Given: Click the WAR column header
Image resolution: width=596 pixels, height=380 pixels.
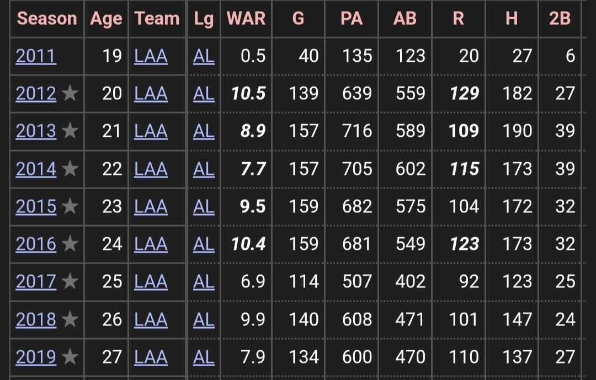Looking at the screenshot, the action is [246, 18].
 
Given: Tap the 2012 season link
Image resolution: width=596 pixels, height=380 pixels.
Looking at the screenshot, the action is [36, 93].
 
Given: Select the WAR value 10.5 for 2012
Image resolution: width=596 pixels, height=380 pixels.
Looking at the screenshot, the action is [248, 93].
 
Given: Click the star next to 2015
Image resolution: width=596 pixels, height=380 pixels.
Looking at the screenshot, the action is [70, 206].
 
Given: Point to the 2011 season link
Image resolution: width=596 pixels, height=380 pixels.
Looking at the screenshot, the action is [36, 56].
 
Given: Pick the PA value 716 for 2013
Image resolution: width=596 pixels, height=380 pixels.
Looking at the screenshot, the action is [357, 131].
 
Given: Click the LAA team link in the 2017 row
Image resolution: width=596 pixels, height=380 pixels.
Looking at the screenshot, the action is [151, 282].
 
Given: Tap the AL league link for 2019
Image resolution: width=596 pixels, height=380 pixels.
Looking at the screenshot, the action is [204, 357].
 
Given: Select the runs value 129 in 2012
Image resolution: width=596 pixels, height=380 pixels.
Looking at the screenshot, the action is [464, 93].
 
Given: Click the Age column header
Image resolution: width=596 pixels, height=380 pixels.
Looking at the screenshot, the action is [106, 19].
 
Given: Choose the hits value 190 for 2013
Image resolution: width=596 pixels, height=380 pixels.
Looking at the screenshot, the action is [517, 131].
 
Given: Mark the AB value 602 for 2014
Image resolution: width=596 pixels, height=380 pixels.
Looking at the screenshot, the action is [411, 169].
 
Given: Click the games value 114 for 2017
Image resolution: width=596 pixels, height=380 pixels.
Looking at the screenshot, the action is [304, 282].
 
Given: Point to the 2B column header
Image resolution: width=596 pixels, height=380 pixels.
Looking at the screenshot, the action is [560, 18].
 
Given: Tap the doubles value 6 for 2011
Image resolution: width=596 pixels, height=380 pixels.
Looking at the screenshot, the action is [570, 56].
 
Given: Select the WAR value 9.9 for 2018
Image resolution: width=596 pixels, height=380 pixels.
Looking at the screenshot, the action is [253, 319].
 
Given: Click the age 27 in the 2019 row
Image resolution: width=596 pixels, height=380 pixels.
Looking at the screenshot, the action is [111, 357].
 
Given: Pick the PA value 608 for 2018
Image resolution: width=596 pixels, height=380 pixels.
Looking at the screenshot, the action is [357, 319].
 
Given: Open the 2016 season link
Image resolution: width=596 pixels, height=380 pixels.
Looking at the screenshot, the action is [36, 244].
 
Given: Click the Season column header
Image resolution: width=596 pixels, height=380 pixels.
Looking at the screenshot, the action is [47, 18].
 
